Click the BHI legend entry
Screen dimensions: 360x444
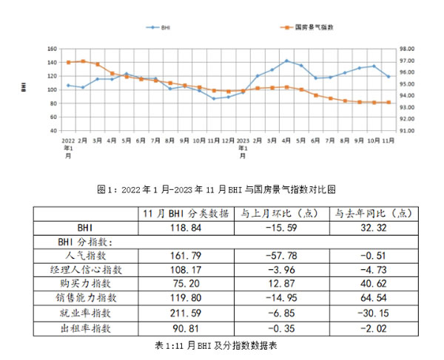tap(162, 27)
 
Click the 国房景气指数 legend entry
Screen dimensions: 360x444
tap(311, 27)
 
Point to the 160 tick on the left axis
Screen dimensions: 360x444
tap(51, 49)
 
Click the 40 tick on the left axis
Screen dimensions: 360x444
tap(53, 130)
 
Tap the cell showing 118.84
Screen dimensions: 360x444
tap(184, 228)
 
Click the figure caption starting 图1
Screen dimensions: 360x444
tap(222, 189)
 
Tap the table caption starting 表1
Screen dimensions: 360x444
tap(222, 344)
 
